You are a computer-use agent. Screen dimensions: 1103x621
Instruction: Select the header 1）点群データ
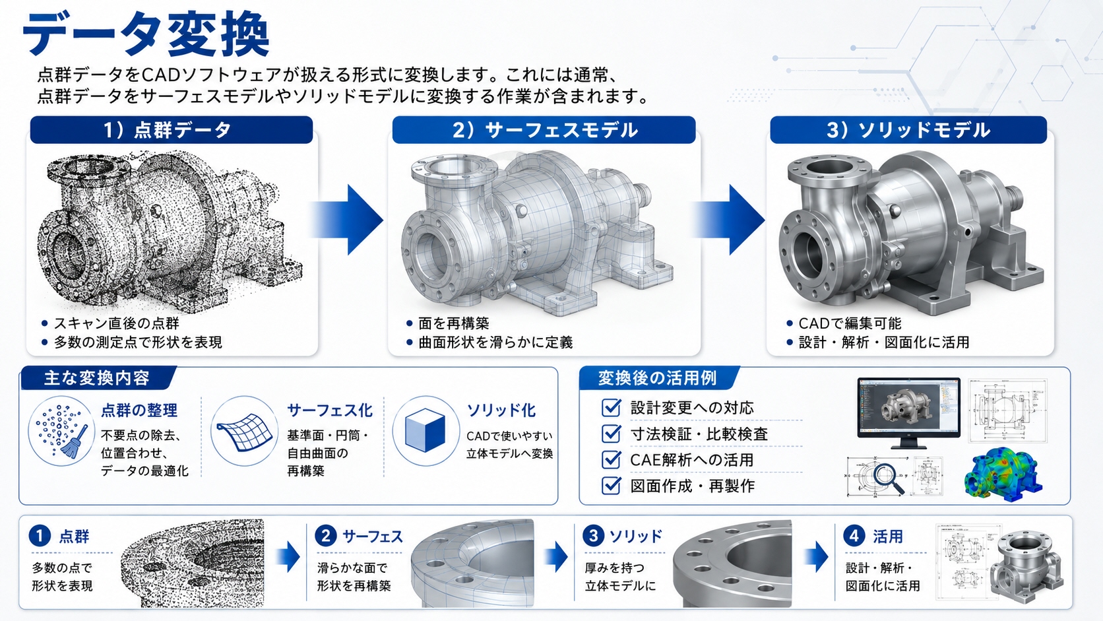tap(168, 130)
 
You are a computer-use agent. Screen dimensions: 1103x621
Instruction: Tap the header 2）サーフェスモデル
tap(545, 130)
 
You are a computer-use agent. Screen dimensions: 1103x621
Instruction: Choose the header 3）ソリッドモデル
tap(908, 130)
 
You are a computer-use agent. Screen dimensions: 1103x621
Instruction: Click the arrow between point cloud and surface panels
tap(347, 220)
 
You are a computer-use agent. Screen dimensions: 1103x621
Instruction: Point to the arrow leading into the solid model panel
tap(729, 220)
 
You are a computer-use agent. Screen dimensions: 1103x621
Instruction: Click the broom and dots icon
tap(61, 431)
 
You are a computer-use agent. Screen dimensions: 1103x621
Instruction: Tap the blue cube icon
tap(425, 430)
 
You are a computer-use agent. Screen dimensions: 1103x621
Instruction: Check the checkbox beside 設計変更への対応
tap(611, 407)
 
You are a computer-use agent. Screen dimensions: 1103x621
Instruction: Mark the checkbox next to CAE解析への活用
tap(611, 459)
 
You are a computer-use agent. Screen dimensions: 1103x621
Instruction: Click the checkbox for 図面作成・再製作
tap(611, 486)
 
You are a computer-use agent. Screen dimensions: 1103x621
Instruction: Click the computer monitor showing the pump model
tap(908, 412)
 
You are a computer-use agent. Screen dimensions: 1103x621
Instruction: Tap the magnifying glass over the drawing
tap(889, 478)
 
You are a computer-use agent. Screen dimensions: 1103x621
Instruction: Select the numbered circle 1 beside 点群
tap(40, 536)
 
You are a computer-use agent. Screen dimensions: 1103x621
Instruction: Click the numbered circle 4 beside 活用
tap(854, 536)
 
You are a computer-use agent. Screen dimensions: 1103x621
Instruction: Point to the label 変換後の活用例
tap(657, 378)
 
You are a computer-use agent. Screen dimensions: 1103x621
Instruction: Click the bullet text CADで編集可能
tap(850, 323)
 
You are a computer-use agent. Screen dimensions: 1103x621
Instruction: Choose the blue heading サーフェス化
tap(330, 410)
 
